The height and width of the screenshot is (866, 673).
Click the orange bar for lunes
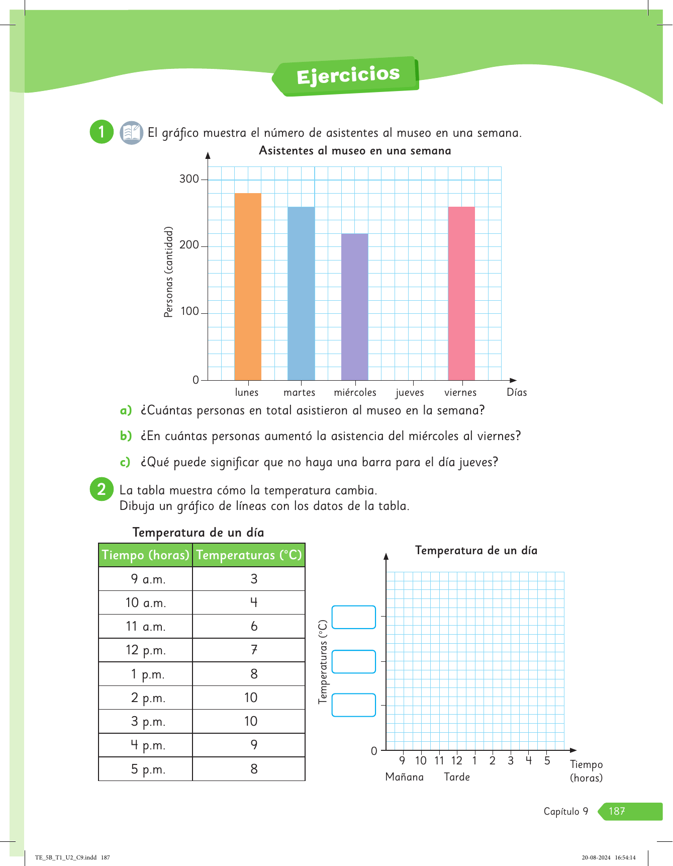248,287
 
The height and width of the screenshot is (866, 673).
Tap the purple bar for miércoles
354,307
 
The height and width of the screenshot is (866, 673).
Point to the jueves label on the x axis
410,393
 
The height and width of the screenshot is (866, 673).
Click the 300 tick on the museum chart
189,179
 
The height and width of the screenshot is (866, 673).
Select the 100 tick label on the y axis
190,312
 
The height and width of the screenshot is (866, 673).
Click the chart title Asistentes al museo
355,151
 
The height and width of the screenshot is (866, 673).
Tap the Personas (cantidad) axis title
169,272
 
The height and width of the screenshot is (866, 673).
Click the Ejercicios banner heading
348,76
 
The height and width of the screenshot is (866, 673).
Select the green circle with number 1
102,132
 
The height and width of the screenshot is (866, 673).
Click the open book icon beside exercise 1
132,133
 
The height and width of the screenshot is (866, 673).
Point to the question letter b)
126,436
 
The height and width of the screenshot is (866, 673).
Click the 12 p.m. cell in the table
145,650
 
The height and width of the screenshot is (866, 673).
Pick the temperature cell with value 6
254,627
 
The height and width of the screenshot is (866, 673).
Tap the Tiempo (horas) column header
145,555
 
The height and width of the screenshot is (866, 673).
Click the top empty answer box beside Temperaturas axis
354,617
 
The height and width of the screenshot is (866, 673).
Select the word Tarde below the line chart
457,777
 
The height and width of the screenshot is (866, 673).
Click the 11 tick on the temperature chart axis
439,761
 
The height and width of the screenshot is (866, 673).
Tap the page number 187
617,811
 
